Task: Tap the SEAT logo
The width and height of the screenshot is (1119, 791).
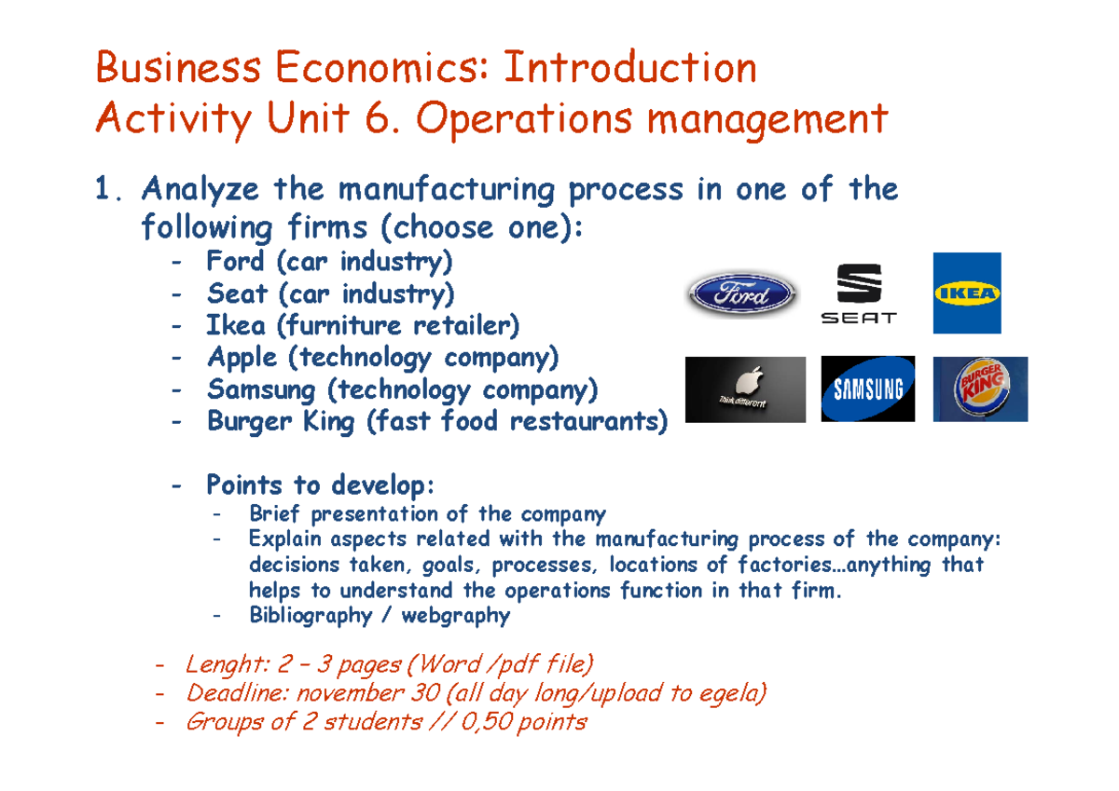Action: pos(858,293)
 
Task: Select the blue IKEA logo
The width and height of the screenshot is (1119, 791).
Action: pos(967,293)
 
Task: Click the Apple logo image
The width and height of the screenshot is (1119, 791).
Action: pos(745,389)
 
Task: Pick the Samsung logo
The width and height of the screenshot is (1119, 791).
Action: pos(868,389)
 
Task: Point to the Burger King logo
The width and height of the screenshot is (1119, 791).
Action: pos(980,389)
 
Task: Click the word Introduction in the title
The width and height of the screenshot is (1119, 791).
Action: pos(629,68)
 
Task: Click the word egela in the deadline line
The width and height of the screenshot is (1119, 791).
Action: pos(737,693)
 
